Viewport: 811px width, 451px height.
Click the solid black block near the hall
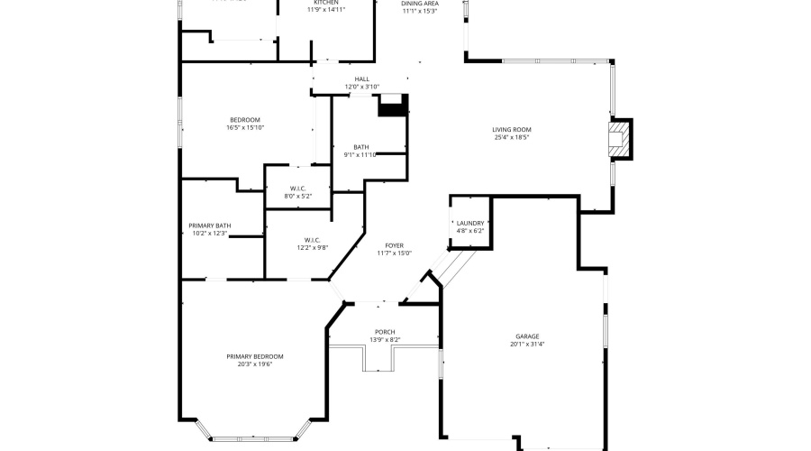(393, 106)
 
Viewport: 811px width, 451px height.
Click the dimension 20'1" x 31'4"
(528, 345)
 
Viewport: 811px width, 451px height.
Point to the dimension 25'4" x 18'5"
(511, 137)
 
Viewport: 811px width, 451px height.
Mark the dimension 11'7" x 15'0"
(394, 253)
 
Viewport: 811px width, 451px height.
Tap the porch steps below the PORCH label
(378, 360)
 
